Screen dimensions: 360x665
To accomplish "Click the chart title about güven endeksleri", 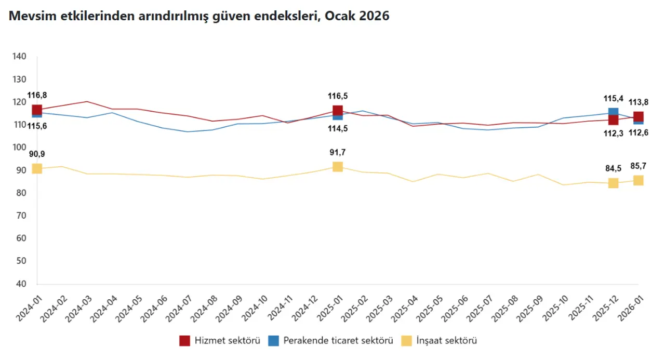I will pos(198,16).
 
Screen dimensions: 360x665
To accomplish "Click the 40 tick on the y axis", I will pos(21,284).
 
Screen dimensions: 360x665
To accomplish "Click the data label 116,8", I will pos(37,95).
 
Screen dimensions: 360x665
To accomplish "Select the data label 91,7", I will pos(338,152).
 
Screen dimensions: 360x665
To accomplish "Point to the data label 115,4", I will pos(614,98).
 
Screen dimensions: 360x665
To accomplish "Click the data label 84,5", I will pos(614,168).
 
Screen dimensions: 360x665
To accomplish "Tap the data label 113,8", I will pos(639,102).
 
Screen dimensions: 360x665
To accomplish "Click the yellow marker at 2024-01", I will pos(37,168).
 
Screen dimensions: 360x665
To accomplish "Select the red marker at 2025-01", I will pos(338,110).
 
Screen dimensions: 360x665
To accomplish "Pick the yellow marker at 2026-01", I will pos(639,180).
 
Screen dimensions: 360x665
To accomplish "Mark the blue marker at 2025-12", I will pos(614,112).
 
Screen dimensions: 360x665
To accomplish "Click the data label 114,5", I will pos(338,129).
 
